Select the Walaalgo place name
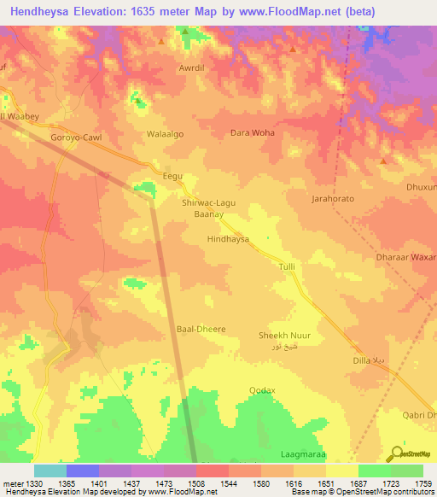[x=166, y=134]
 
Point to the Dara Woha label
[x=253, y=133]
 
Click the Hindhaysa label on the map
[x=228, y=240]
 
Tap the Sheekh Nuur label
[x=284, y=336]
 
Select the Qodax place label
[x=262, y=390]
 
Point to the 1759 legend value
[x=422, y=485]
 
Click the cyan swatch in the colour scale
[x=50, y=471]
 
